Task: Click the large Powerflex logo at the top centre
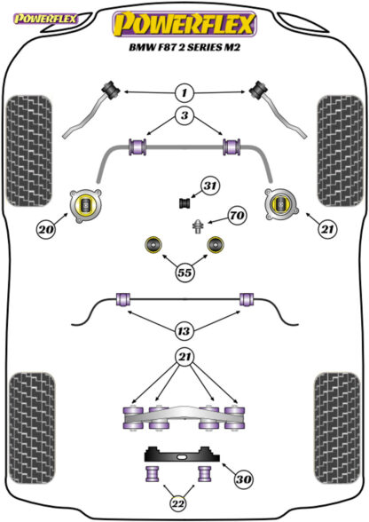coord(184,24)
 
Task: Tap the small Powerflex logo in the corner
coord(45,19)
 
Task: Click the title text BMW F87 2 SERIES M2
coord(184,47)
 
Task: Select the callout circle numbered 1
coord(184,92)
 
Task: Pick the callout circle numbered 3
coord(184,115)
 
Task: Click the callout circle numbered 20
coord(46,229)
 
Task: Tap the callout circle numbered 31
coord(210,186)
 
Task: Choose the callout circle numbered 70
coord(237,216)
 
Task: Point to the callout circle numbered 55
coord(184,273)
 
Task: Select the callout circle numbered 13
coord(184,331)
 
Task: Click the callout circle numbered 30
coord(243,479)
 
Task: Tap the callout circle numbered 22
coord(178,504)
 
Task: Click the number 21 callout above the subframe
coord(184,358)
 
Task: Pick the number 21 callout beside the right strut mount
coord(327,229)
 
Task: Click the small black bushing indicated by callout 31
coord(184,202)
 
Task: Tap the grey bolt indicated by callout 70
coord(198,226)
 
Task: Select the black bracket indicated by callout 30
coord(182,455)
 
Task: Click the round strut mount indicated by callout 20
coord(85,206)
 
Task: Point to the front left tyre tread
coord(29,151)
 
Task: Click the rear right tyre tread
coord(337,428)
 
